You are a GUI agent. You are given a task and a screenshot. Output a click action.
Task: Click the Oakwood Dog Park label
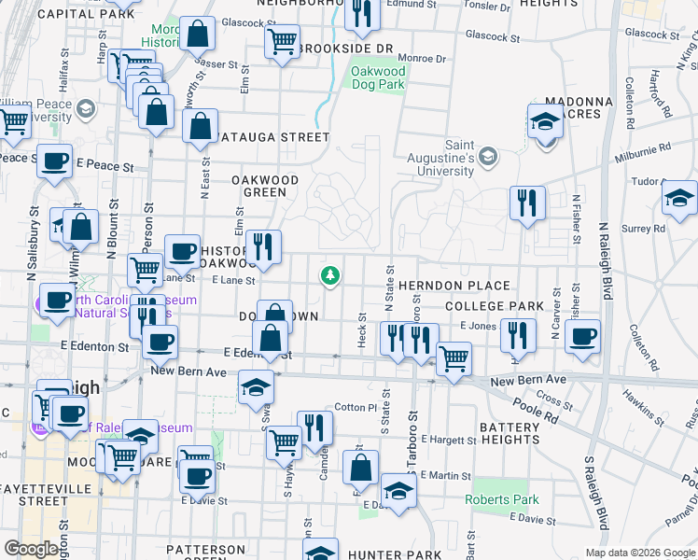coord(378,77)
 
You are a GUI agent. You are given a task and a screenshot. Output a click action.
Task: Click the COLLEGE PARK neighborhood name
coord(494,306)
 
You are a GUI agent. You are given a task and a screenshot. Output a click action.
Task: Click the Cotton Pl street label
coord(356,408)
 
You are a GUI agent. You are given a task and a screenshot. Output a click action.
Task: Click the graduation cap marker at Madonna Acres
coord(545,121)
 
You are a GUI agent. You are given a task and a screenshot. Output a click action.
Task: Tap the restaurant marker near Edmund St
coord(362,12)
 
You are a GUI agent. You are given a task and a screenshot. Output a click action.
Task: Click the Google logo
coord(31,549)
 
